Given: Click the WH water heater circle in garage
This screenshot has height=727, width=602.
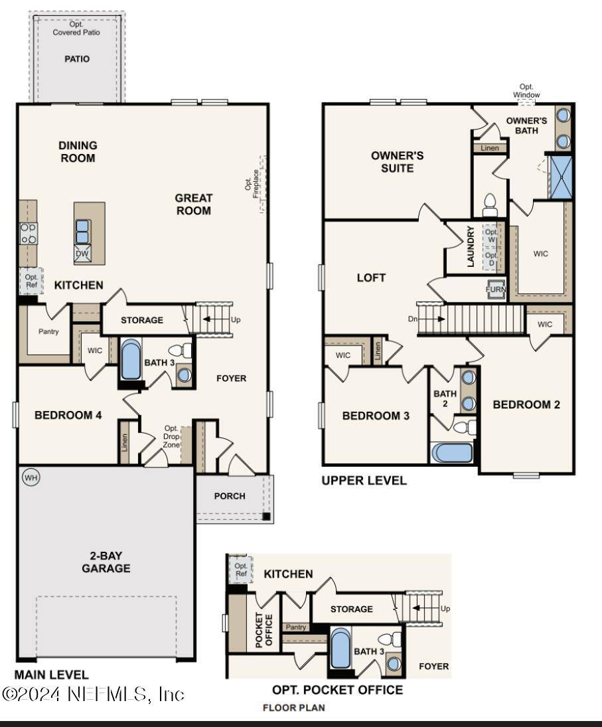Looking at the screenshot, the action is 31,477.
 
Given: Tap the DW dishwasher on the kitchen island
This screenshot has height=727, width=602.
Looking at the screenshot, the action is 82,254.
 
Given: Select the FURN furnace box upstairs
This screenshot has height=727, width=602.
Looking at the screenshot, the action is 495,289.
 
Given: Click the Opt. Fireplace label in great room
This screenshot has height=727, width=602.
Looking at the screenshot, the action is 252,184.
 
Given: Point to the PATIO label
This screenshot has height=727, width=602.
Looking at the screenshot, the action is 77,59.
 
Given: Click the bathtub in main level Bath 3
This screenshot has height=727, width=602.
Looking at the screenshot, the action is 131,361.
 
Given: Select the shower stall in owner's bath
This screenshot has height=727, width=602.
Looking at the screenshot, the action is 560,177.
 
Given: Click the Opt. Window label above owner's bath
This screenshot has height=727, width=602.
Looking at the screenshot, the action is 526,90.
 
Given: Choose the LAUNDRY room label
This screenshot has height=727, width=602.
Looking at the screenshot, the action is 471,246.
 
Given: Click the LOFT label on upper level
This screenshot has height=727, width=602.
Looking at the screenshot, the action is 371,278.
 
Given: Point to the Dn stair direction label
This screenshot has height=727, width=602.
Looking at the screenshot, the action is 412,319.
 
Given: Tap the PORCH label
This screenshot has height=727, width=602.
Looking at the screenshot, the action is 230,496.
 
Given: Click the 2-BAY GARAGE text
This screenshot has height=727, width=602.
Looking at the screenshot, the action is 106,562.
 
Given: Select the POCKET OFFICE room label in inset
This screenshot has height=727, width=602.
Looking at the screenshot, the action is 263,630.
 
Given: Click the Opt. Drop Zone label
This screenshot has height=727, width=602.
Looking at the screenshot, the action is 171,436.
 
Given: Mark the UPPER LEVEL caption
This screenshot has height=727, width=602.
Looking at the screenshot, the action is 364,480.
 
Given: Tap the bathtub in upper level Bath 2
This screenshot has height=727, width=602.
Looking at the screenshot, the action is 452,453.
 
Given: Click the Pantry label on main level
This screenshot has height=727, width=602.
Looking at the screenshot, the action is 48,331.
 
